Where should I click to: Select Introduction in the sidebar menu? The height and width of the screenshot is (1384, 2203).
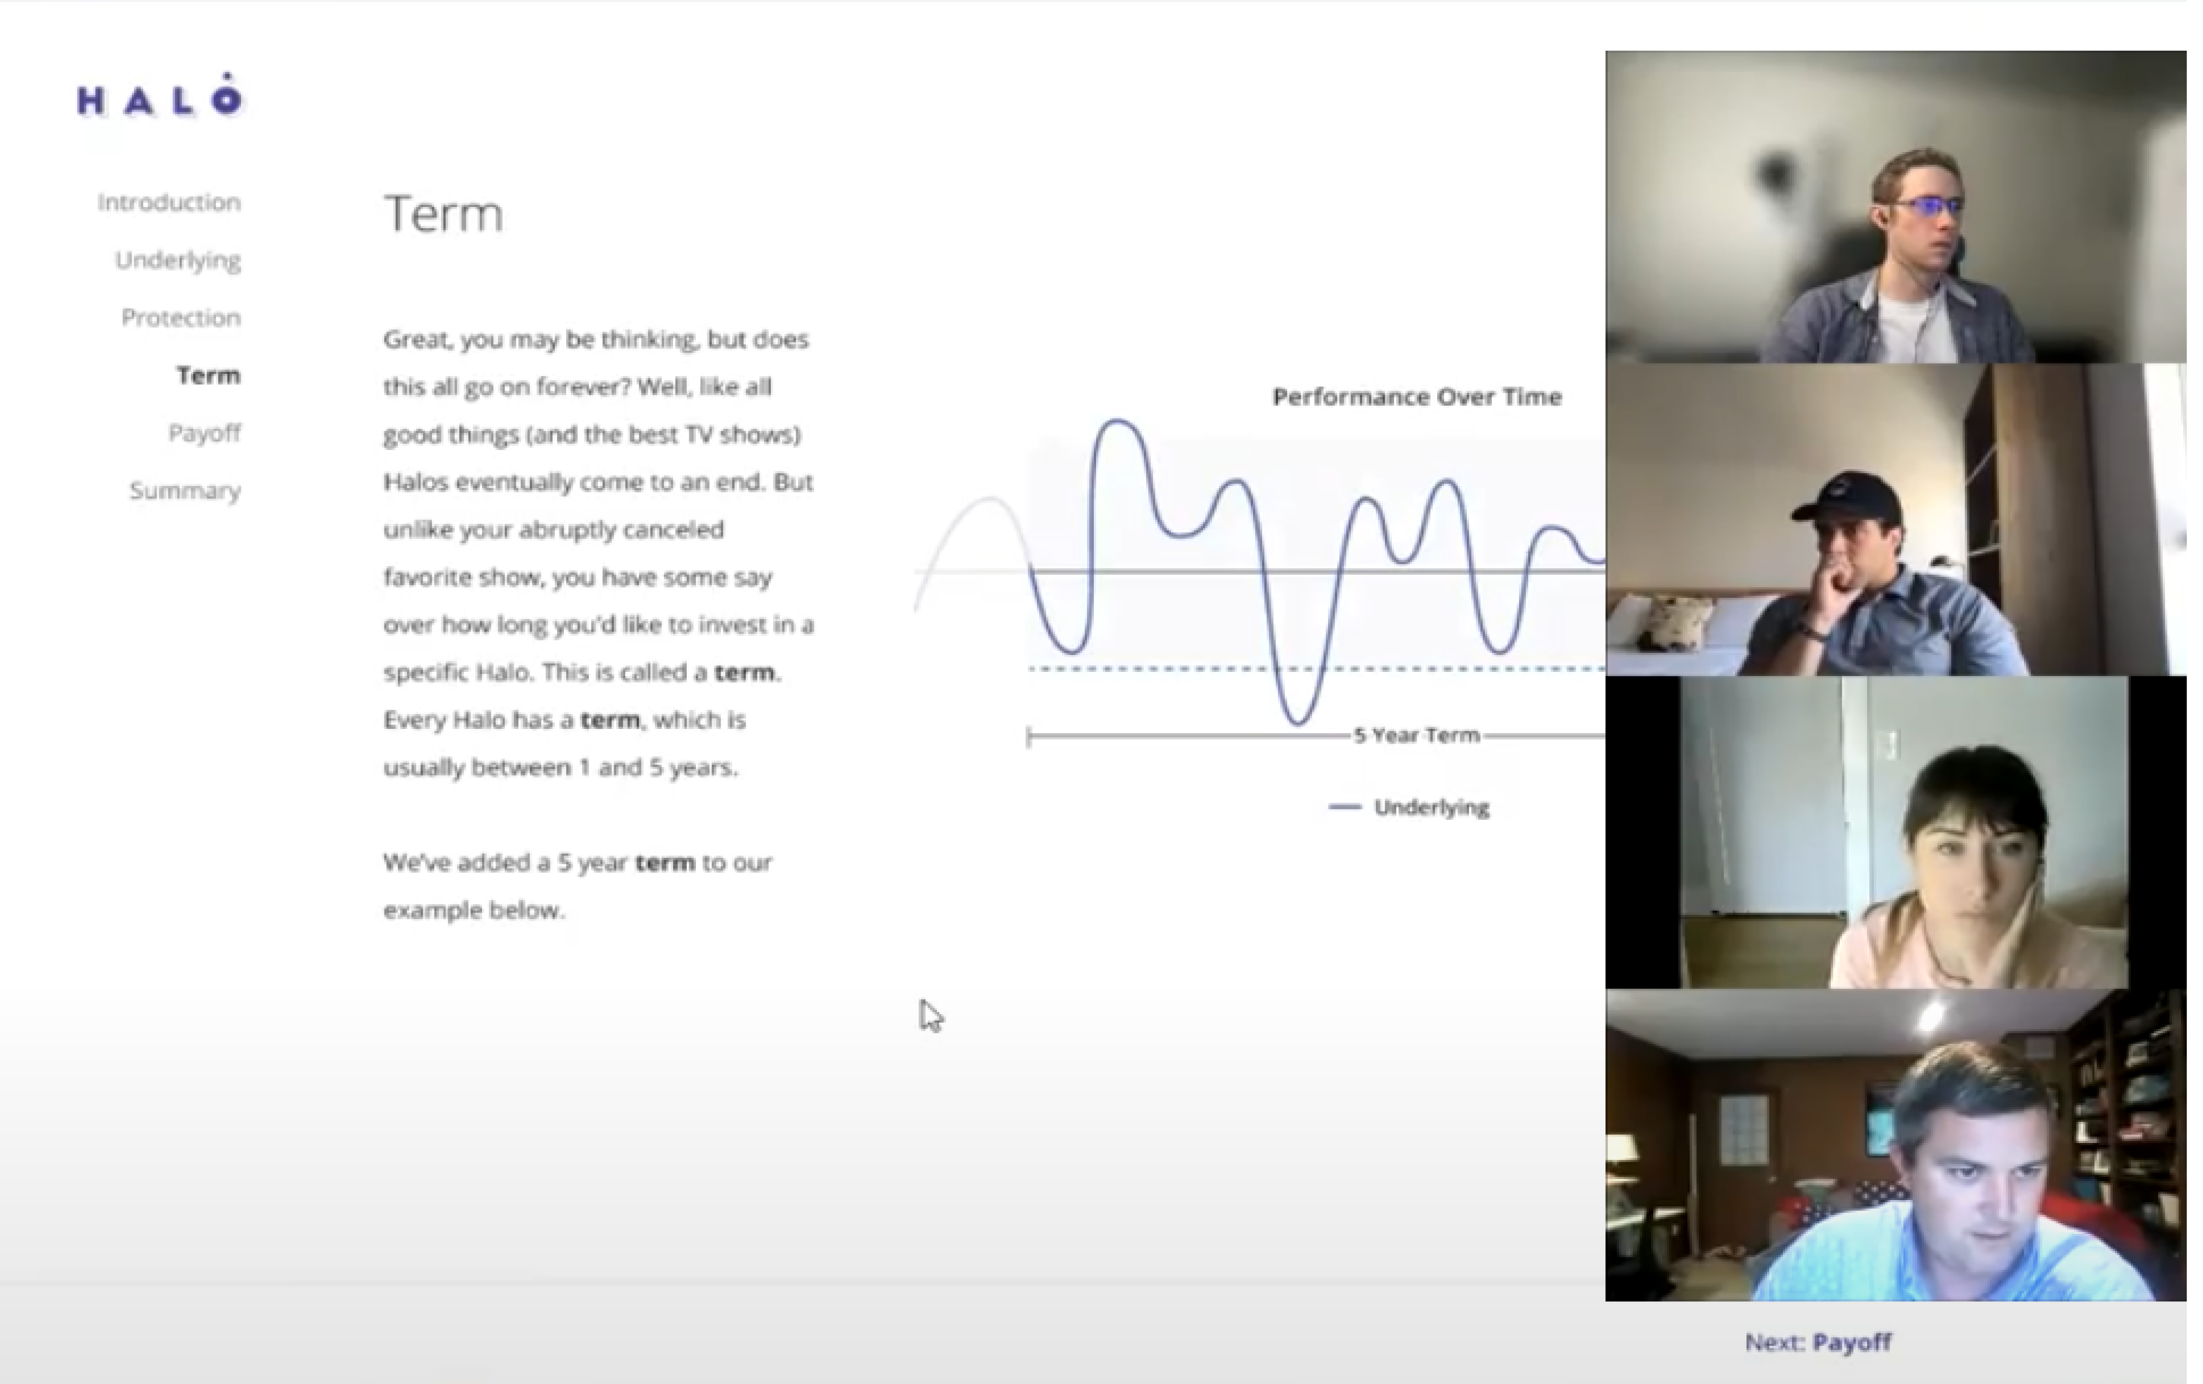pos(169,202)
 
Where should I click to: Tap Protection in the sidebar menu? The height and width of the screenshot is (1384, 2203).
pos(181,318)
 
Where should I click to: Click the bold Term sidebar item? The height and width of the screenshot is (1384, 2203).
pos(209,375)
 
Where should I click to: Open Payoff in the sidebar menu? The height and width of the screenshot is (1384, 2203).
pos(204,432)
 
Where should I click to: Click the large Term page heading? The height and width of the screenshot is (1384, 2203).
pos(443,214)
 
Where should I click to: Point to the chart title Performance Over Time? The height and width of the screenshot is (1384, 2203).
pos(1416,397)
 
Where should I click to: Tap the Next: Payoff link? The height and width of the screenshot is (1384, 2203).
pos(1818,1342)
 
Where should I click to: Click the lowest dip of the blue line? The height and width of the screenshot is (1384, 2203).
pos(1297,723)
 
